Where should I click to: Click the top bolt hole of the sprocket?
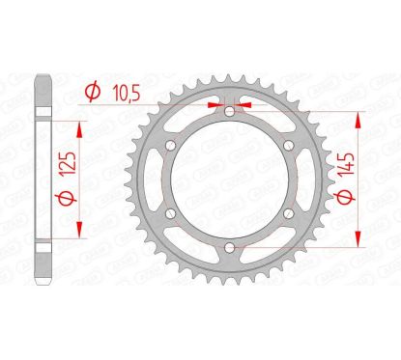pos(229,112)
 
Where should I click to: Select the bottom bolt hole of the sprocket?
pos(229,252)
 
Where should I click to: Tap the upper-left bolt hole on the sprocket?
pos(169,147)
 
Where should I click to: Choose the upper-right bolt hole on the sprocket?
pos(290,147)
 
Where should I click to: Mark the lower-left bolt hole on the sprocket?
pos(169,217)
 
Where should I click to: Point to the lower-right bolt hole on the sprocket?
pos(290,217)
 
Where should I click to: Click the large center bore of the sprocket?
pos(229,182)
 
